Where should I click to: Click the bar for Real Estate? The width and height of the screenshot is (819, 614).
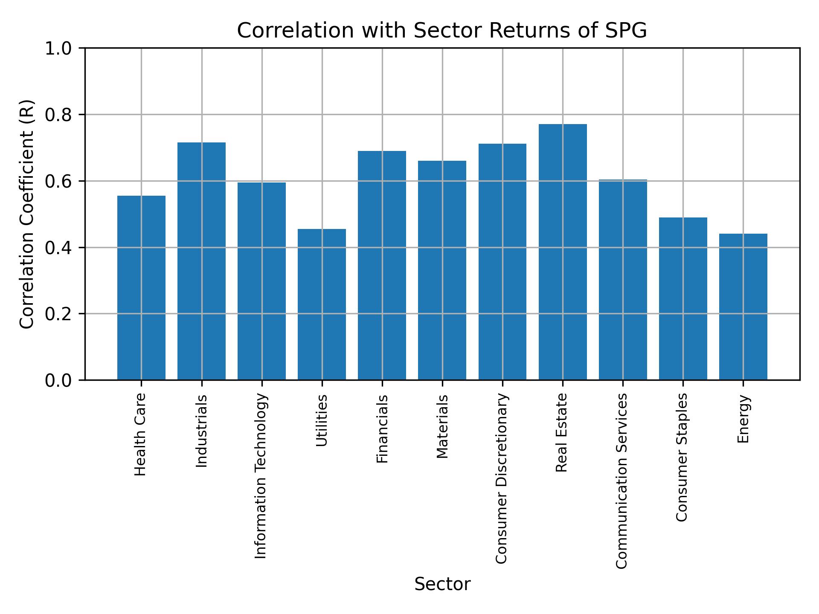[x=563, y=252]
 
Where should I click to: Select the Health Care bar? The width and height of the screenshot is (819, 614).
[x=141, y=288]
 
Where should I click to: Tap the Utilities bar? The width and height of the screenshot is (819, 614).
[x=322, y=304]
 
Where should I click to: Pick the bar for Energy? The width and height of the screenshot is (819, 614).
[x=743, y=307]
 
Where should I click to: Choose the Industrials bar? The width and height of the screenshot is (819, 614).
[x=201, y=261]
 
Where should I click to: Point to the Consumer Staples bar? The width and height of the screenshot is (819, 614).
[x=683, y=298]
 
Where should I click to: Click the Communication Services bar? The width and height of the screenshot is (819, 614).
[x=623, y=280]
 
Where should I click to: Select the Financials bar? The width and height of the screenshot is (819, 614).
[x=382, y=265]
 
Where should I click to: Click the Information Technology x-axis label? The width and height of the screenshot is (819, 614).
[x=261, y=476]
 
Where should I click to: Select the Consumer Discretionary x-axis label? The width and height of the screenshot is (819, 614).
[x=502, y=478]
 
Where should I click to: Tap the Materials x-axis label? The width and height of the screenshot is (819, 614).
[x=442, y=426]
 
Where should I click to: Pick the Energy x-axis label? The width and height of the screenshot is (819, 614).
[x=743, y=419]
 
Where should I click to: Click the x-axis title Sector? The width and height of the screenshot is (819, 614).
[x=442, y=584]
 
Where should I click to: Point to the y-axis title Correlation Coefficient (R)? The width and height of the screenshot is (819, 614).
[x=27, y=214]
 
